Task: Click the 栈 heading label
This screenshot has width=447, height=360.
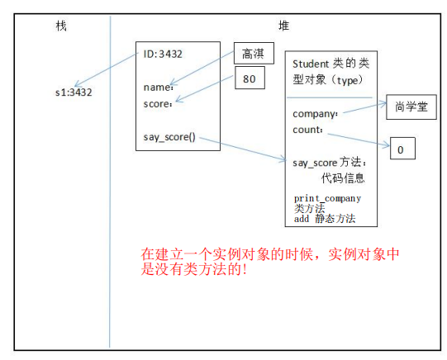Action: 61,26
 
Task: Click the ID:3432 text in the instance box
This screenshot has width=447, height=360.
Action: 163,54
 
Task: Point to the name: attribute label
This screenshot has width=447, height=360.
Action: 158,88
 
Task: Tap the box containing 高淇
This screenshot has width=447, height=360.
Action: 254,54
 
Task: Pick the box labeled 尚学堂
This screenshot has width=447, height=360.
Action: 410,107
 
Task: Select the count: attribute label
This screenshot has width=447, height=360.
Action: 308,130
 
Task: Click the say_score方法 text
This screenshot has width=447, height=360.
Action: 329,163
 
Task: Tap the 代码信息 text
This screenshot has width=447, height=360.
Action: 343,178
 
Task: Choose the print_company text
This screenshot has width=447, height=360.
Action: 327,198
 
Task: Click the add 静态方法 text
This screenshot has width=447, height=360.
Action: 325,219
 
